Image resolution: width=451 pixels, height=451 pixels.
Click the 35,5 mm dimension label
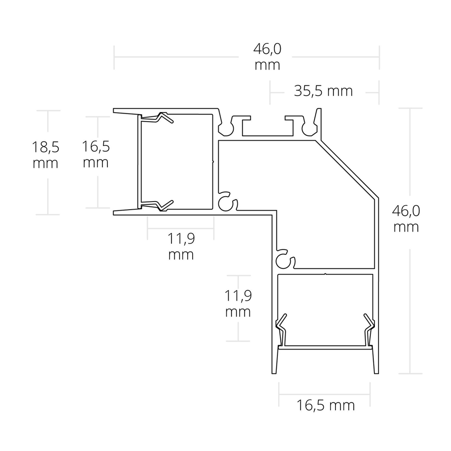coord(323,92)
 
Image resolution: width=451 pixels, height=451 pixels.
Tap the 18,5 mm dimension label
coord(46,155)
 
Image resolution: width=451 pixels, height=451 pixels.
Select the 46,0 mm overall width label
coord(267,57)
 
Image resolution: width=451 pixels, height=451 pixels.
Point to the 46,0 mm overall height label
coord(406,219)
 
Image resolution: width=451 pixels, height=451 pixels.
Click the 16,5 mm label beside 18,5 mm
coord(96,154)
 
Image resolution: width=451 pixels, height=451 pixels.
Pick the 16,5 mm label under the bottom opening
coord(325,405)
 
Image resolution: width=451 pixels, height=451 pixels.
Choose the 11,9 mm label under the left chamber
coord(181,247)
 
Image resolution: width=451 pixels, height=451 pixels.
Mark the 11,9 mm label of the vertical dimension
coord(238,304)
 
